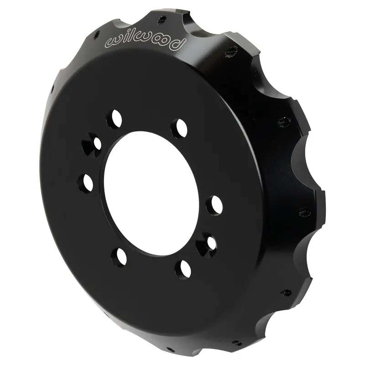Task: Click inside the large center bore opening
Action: [x=151, y=193]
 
